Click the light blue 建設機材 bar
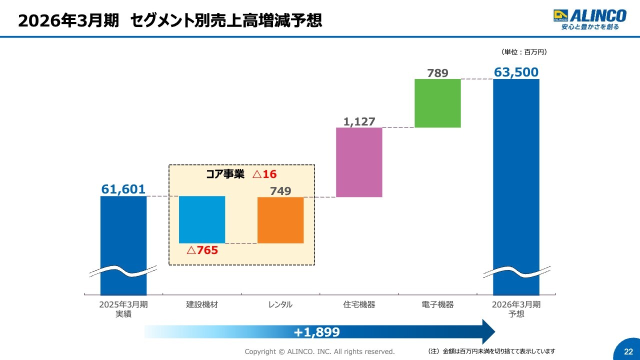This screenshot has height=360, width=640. [x=202, y=219]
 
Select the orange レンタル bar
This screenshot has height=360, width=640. [x=280, y=220]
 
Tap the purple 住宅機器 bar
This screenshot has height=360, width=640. [x=359, y=162]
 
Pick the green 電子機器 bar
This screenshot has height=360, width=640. [x=437, y=103]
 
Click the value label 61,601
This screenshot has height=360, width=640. [x=123, y=189]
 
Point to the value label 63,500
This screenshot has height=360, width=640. [x=516, y=72]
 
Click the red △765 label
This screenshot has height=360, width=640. [x=202, y=250]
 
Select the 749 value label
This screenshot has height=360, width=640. [x=280, y=190]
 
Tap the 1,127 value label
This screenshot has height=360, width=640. [x=359, y=121]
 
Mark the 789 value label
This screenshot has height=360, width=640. [x=437, y=73]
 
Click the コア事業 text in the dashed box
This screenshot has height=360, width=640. [x=225, y=174]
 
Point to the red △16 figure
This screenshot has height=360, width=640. [x=264, y=174]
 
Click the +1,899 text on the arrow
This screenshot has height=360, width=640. [x=316, y=332]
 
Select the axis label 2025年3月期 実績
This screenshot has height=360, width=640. [x=123, y=309]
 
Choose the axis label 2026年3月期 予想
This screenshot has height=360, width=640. [x=516, y=309]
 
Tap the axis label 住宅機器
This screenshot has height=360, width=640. [x=359, y=304]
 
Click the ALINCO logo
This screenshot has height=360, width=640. [x=589, y=19]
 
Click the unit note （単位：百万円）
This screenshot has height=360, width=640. [x=523, y=52]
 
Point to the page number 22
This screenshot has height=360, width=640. [x=628, y=351]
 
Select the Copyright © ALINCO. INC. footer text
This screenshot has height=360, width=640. [x=319, y=351]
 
